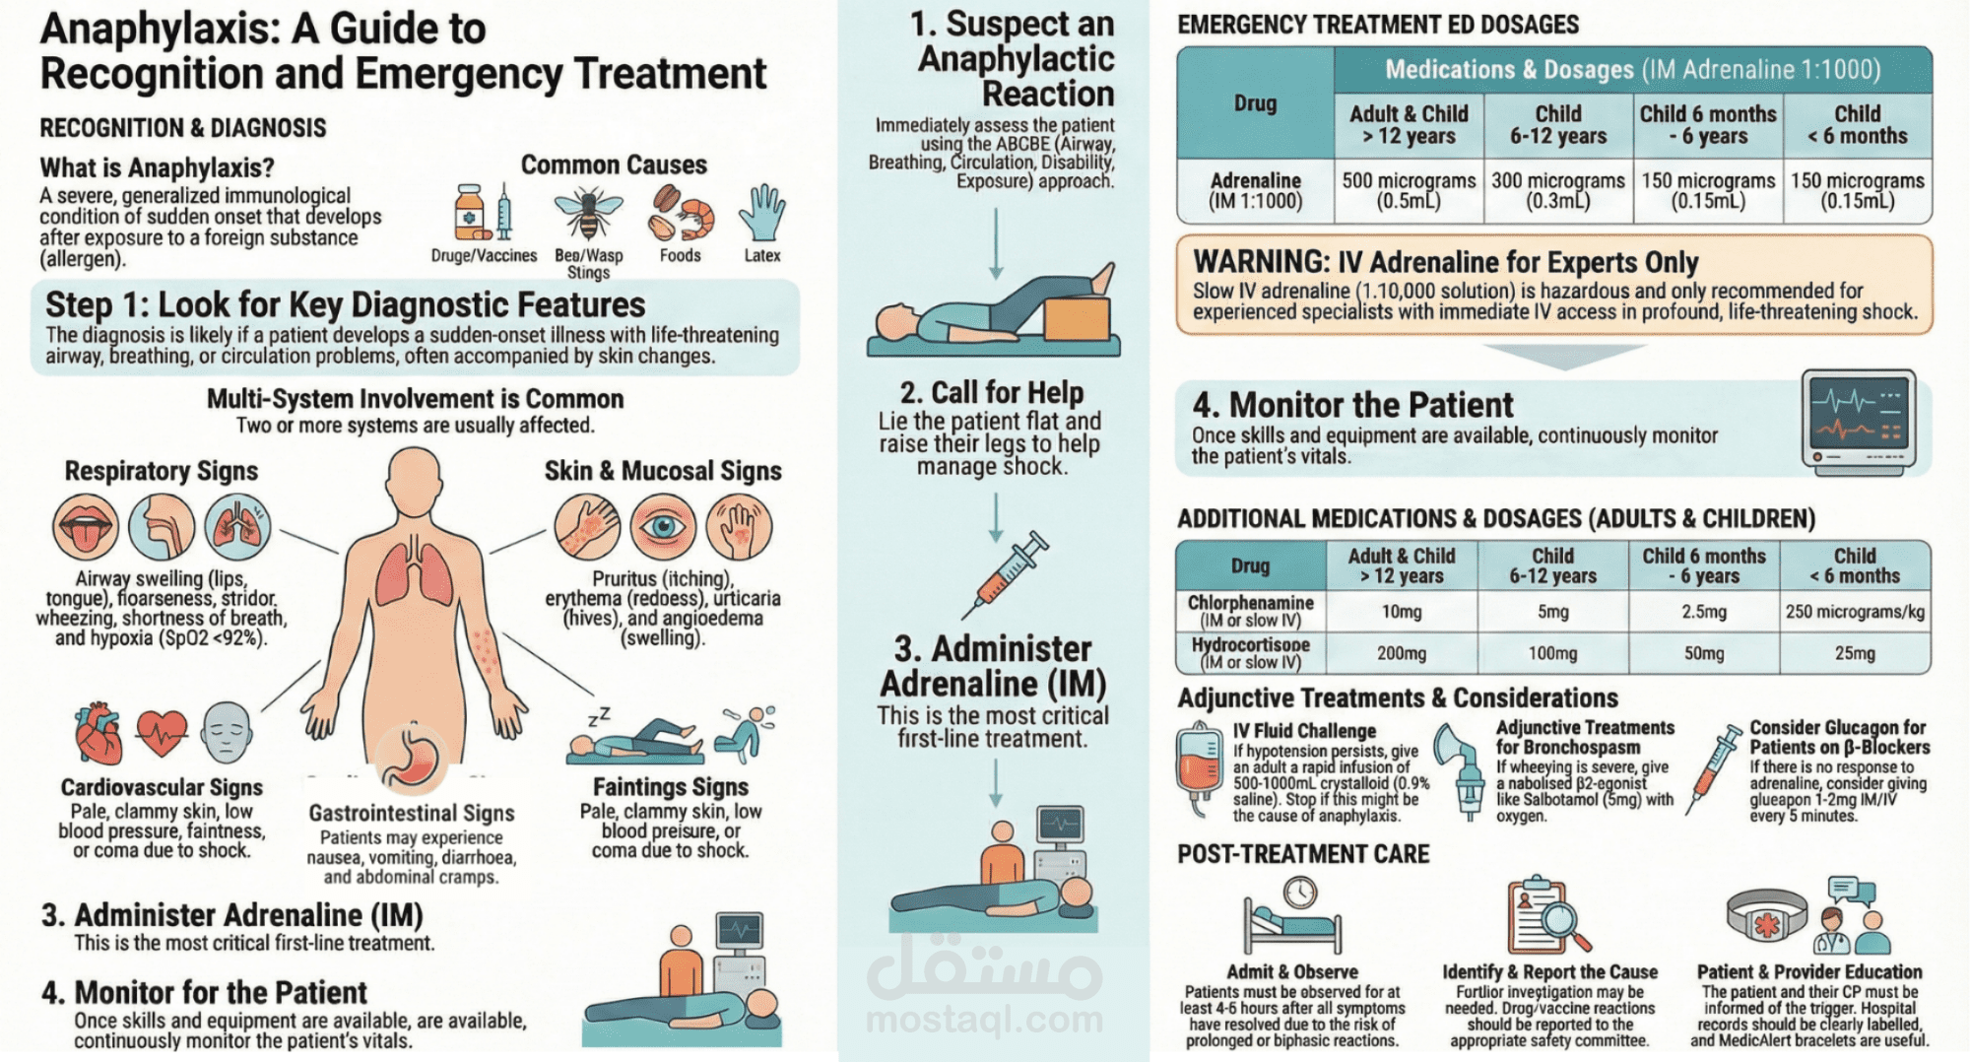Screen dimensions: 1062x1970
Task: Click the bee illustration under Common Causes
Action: pos(588,214)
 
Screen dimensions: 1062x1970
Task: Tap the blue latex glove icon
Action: pos(762,212)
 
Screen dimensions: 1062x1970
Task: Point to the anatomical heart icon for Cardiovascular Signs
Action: pos(98,733)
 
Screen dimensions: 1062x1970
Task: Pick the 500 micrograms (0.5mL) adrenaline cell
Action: pos(1409,191)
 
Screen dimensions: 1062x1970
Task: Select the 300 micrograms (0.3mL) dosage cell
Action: pos(1557,191)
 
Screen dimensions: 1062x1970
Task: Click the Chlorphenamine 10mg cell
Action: pos(1401,612)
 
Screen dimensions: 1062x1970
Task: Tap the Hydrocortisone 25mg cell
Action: pos(1854,653)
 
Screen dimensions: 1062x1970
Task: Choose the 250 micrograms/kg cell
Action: pos(1854,612)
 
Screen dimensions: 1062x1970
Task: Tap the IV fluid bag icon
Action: pos(1199,768)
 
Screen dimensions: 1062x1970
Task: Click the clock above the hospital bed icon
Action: pos(1299,892)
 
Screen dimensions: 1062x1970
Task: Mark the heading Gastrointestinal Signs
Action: pos(411,813)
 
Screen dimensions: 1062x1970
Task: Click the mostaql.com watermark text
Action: pos(984,1019)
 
